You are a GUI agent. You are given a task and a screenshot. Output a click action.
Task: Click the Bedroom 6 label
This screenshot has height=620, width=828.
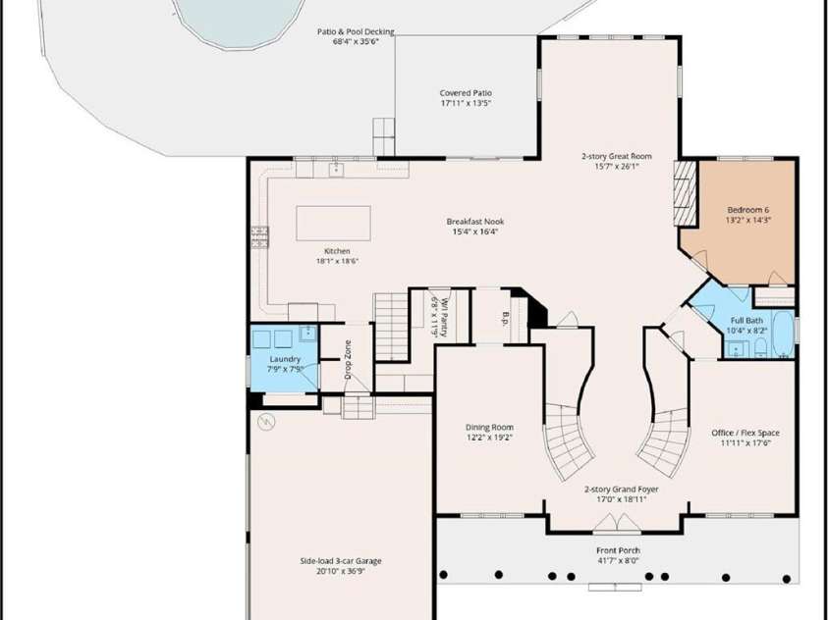[748, 210]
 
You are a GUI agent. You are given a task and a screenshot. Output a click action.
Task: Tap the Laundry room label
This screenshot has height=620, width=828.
[285, 359]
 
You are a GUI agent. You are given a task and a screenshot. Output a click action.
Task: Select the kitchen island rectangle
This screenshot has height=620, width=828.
[333, 224]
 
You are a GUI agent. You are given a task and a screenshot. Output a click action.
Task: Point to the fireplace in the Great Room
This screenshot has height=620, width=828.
[686, 193]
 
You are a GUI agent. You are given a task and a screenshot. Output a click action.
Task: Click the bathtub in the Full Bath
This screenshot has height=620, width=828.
[783, 334]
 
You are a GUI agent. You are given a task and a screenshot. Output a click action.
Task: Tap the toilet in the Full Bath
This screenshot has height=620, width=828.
[760, 347]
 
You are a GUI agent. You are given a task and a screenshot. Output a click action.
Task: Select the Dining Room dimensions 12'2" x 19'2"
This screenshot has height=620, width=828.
[489, 438]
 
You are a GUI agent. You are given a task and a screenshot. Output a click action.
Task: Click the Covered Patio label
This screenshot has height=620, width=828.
[466, 93]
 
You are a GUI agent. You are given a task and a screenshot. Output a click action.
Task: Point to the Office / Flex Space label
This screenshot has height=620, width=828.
[745, 433]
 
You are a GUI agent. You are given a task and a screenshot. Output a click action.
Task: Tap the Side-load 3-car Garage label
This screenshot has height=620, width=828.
[341, 561]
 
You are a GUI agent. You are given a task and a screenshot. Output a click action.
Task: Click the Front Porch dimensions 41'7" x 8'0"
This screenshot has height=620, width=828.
[618, 560]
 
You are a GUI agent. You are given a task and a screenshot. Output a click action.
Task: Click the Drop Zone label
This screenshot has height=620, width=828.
[348, 360]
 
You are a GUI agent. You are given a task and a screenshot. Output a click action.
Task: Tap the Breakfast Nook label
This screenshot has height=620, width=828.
[475, 222]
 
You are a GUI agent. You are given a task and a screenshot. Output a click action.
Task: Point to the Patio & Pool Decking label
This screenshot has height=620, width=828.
[356, 31]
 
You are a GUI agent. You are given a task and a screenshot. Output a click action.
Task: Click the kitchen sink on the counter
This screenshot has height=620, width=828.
[334, 170]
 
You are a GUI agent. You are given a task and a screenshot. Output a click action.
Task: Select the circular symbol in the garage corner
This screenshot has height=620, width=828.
[267, 421]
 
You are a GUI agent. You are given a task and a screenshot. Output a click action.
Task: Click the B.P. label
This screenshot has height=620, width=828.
[506, 318]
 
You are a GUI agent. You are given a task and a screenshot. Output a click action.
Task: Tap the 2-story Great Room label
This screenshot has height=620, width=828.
[617, 156]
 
